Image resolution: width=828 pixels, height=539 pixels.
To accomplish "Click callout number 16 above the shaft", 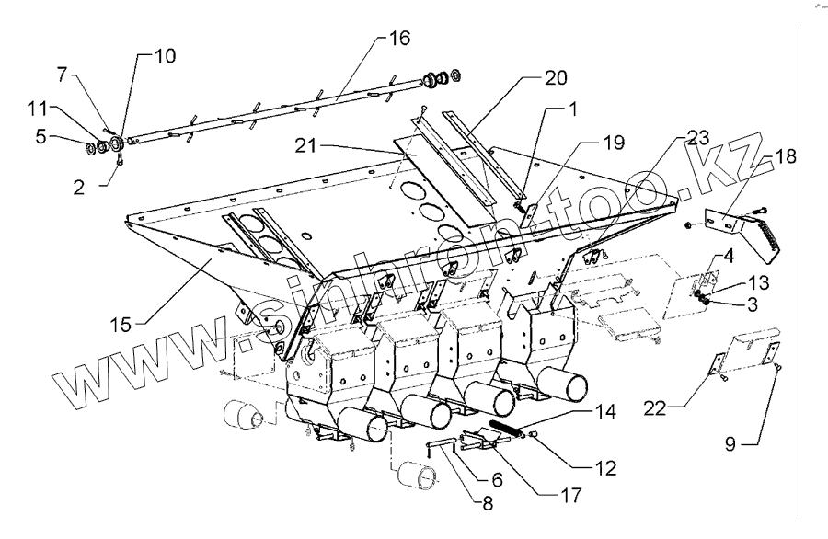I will point(398,39).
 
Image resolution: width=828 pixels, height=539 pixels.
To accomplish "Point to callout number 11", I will point(36,109).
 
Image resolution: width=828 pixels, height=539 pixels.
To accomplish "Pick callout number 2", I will point(79,185).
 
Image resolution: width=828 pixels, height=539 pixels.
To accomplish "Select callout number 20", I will point(555,77).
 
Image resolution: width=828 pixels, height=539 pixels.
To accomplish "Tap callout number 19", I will point(614,143).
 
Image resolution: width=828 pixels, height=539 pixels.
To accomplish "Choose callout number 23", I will point(698,138).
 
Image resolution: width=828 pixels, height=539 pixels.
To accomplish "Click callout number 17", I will point(570,495).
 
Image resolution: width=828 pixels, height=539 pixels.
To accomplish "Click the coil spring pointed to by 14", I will point(510,428).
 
